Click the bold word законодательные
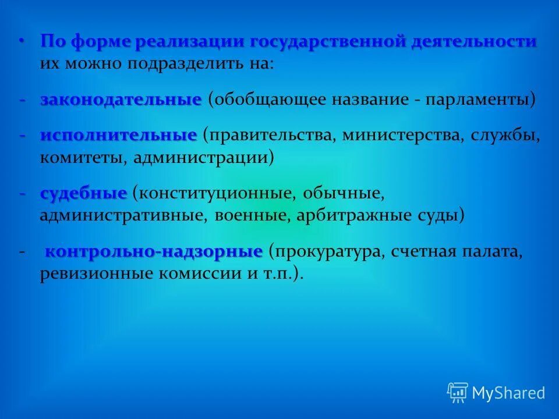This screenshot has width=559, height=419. [121, 99]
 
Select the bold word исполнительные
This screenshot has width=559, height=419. [119, 136]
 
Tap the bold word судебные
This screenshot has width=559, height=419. [83, 193]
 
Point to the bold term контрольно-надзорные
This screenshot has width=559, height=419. [154, 252]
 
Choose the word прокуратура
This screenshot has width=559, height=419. [326, 253]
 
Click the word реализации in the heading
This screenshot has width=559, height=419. [192, 42]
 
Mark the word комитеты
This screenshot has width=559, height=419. [82, 158]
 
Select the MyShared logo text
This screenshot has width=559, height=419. [508, 393]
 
